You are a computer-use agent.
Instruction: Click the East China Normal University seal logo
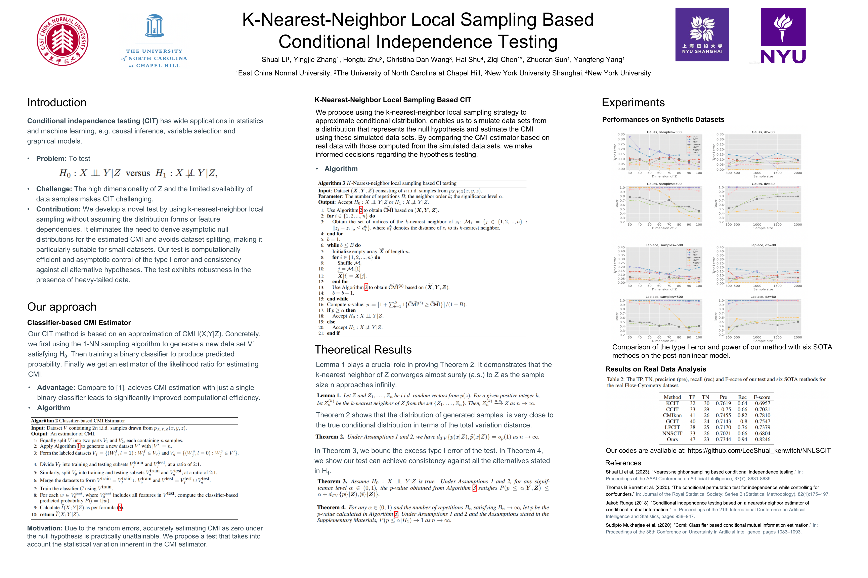tap(62, 40)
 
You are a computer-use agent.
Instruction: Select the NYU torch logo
tap(783, 36)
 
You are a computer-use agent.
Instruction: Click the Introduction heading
tap(57, 103)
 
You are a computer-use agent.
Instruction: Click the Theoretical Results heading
tap(363, 349)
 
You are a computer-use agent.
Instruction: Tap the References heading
tap(623, 463)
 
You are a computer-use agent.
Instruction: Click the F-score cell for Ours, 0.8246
tap(763, 439)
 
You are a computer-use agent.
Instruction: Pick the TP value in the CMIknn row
tap(692, 415)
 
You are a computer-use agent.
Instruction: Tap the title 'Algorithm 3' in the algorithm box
tap(331, 183)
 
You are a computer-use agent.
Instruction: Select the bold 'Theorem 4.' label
tap(331, 508)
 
